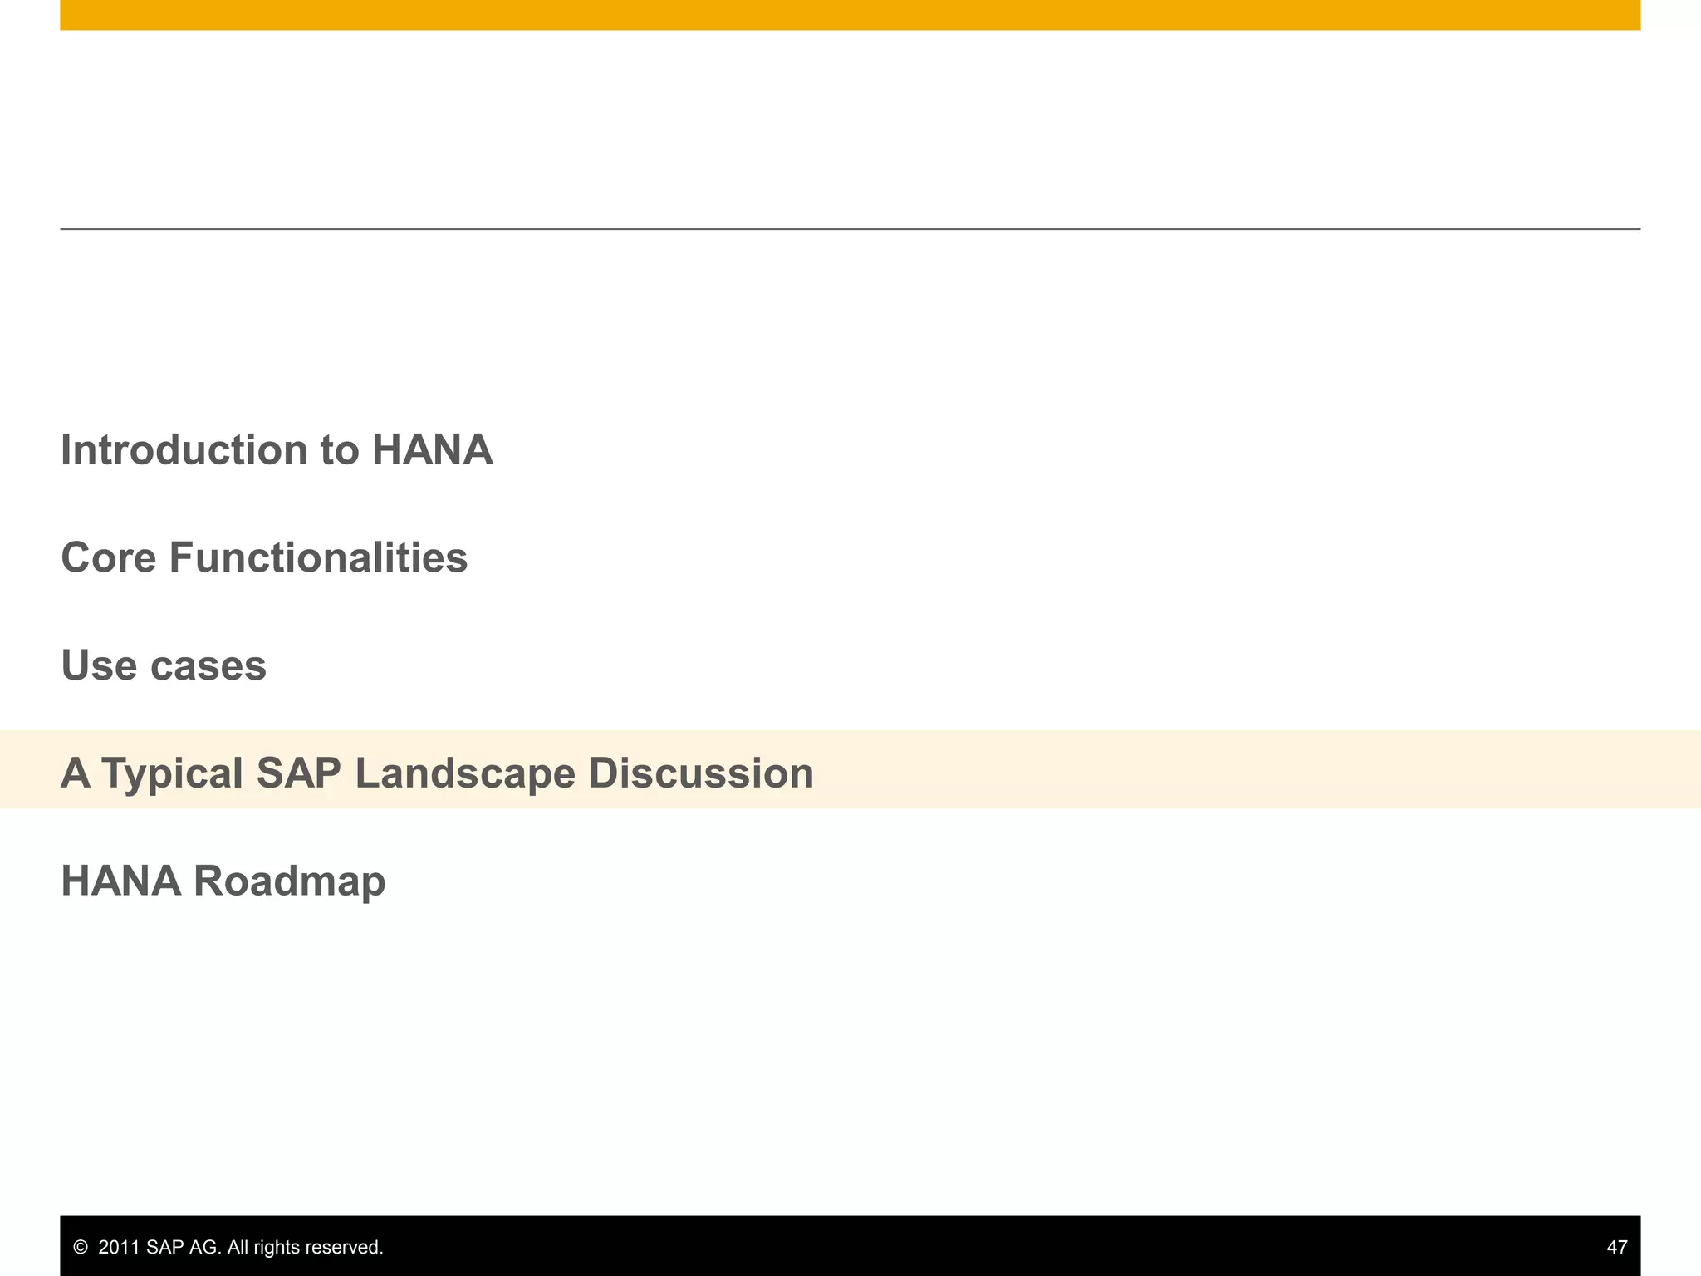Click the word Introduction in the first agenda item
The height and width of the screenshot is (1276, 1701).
tap(184, 450)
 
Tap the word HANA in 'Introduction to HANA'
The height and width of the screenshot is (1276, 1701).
tap(432, 450)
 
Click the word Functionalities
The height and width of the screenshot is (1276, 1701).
tap(318, 557)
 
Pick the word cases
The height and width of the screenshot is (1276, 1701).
tap(208, 665)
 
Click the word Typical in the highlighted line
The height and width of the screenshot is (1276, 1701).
tap(172, 774)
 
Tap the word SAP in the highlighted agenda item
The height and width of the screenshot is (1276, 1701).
tap(298, 773)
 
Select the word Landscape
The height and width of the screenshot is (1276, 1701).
tap(464, 773)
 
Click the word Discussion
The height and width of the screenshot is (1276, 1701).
tap(701, 773)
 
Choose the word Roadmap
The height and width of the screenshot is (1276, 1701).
tap(289, 881)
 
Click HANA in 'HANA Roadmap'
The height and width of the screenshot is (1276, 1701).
tap(120, 881)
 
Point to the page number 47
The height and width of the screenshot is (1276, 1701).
tap(1616, 1247)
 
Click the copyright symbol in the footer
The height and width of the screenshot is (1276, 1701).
tap(81, 1247)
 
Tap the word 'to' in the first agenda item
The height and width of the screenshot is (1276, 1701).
tap(340, 450)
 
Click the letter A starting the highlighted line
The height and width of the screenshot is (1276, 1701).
tap(76, 773)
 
